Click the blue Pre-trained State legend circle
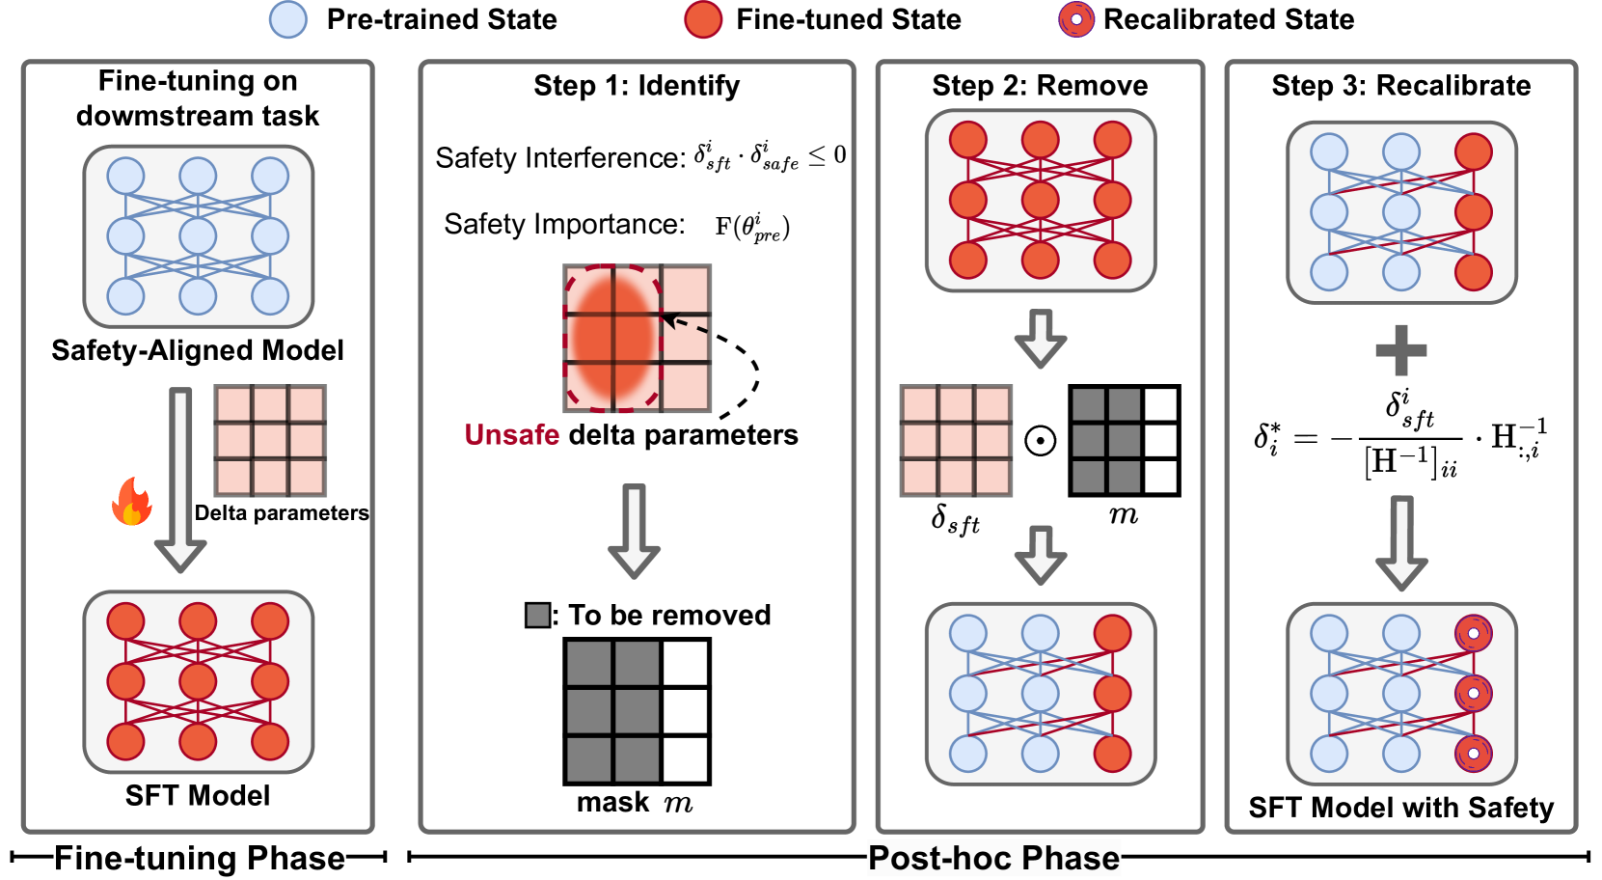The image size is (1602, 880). point(288,19)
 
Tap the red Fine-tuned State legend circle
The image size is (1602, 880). point(703,19)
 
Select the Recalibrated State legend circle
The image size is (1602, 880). point(1076,19)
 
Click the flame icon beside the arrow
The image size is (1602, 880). point(132,502)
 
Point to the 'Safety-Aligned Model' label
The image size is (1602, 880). point(198,350)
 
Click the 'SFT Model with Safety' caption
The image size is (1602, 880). point(1400,808)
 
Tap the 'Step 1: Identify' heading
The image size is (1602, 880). point(637,86)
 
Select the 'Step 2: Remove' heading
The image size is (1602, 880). point(1040,86)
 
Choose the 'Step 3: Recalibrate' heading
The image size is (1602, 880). point(1400,86)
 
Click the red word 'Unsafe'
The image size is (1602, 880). point(511,435)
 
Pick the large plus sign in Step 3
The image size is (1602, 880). point(1400,349)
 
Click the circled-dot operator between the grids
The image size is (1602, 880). point(1040,441)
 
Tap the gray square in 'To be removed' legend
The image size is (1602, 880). point(537,615)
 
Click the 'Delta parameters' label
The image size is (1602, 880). point(282,513)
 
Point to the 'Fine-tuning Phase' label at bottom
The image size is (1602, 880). point(199,858)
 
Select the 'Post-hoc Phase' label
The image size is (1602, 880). point(993,858)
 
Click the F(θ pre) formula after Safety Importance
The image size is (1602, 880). point(752,228)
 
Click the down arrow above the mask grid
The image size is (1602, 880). point(634,532)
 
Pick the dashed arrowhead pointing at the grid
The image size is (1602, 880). point(669,319)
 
